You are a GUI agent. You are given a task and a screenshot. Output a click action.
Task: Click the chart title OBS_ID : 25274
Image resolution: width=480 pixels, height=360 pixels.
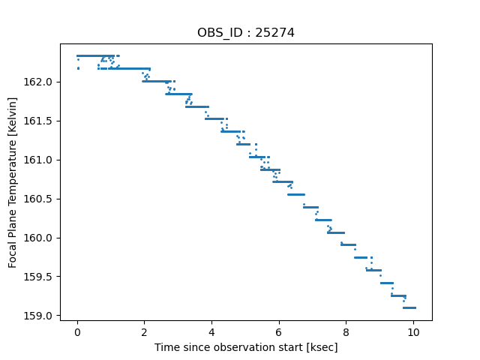(245, 32)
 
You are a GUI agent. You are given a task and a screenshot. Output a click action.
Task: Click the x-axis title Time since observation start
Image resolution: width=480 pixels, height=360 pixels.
(246, 347)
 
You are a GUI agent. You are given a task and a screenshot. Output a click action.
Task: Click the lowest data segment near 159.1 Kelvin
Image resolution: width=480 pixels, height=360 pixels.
(409, 307)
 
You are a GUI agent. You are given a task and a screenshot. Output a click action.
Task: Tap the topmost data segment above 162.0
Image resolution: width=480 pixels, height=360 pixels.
(94, 55)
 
